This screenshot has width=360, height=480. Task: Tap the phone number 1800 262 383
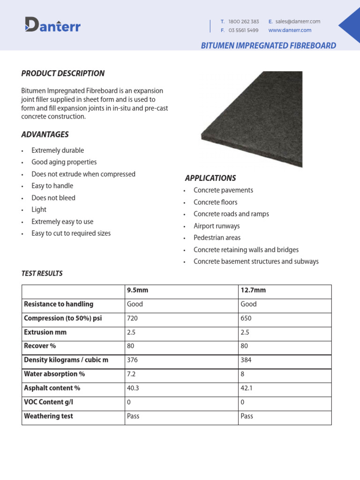pos(243,22)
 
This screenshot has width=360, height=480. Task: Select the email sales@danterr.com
pos(298,22)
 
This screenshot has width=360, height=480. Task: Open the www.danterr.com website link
pos(290,30)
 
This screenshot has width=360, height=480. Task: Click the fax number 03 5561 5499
pos(243,30)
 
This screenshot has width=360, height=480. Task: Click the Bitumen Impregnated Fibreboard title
pos(268,45)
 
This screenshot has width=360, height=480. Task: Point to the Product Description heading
pos(63,73)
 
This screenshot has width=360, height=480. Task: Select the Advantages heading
pos(45,135)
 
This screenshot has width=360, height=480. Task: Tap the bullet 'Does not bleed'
pos(53,198)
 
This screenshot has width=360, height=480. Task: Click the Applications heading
pos(210,178)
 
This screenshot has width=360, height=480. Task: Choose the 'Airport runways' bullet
pos(217,226)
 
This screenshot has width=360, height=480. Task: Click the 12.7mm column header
pos(253,290)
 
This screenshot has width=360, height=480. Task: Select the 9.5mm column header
pos(137,290)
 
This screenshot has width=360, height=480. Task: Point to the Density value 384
pos(246,360)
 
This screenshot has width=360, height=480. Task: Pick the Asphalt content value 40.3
pos(134,388)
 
